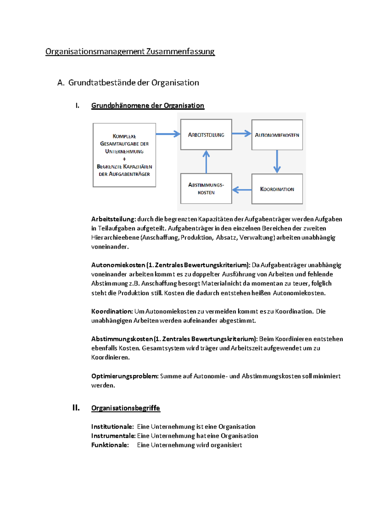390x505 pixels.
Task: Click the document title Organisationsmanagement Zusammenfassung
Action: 130,51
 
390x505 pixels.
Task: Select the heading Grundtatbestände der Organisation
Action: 133,83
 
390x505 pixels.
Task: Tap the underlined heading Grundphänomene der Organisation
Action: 148,105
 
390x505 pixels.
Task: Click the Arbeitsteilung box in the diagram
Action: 206,135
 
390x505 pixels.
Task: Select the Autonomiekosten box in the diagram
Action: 277,135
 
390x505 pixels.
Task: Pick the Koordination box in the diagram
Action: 277,189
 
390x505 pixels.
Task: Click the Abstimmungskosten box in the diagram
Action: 206,189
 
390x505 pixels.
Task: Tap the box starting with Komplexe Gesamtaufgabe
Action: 124,155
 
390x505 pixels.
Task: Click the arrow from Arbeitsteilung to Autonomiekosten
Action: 241,133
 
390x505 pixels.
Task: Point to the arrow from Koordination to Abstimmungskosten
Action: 242,190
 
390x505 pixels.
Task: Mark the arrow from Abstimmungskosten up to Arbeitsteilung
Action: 206,162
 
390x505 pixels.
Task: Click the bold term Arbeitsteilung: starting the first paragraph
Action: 113,219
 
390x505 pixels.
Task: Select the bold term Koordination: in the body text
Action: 112,311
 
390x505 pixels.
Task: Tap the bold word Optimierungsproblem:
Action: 125,376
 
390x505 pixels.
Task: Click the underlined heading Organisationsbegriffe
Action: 125,408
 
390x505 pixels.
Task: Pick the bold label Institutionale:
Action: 112,427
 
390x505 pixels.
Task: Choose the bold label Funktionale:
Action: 110,445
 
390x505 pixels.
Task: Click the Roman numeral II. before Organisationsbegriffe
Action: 76,408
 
